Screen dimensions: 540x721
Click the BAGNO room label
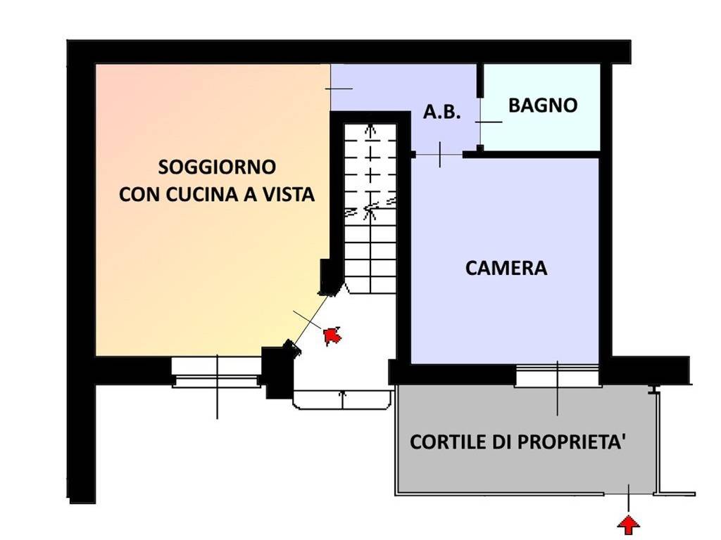[543, 105]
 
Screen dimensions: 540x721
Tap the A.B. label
[441, 112]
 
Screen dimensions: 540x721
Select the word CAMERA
[506, 268]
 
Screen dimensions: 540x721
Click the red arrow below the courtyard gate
[629, 523]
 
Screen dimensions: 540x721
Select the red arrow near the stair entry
[332, 335]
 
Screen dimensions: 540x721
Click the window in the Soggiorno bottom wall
[216, 371]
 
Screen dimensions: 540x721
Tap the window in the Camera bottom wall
[557, 375]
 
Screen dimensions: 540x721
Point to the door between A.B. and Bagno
[479, 122]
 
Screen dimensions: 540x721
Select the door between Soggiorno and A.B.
[331, 88]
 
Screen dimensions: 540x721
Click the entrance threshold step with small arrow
[342, 399]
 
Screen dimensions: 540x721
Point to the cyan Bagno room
[542, 130]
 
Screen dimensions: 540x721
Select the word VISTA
[287, 195]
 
